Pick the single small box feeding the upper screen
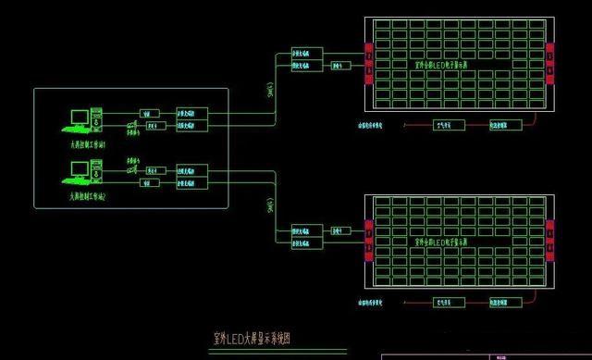tap(339, 66)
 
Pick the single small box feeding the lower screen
tap(339, 228)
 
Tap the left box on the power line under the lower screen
tap(446, 302)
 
